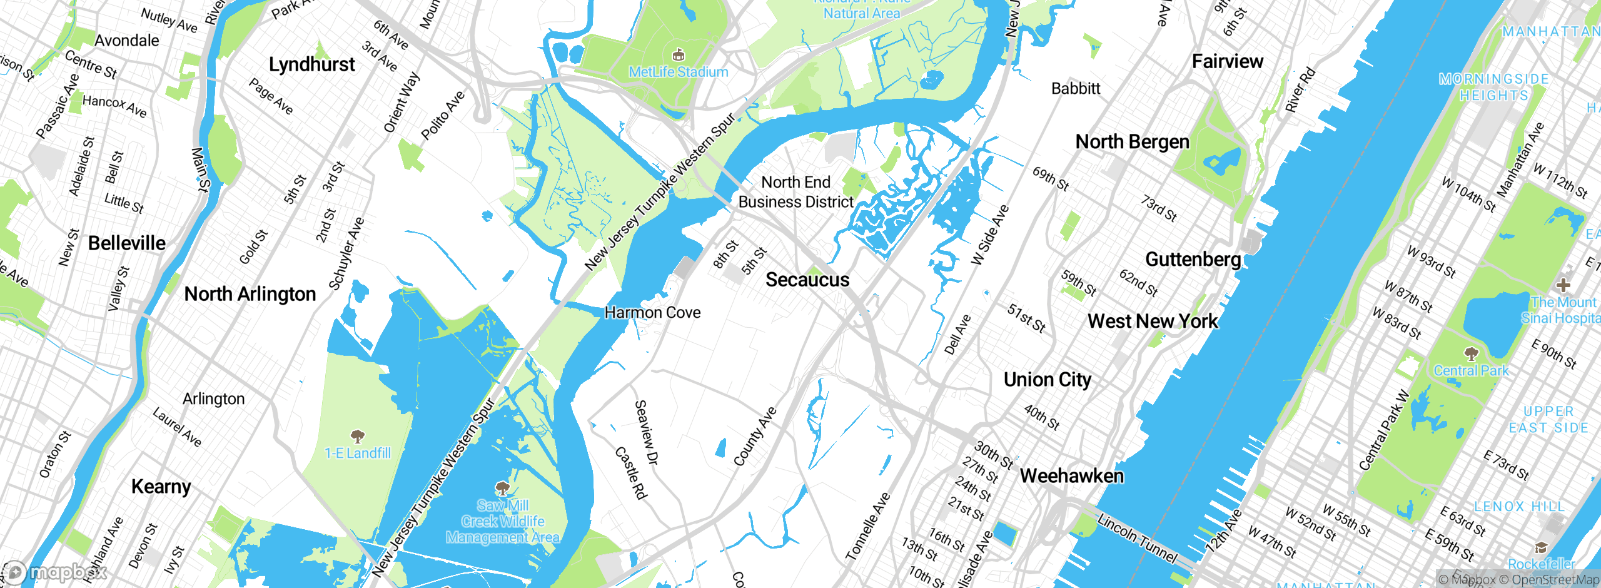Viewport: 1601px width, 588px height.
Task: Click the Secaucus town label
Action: [x=807, y=280]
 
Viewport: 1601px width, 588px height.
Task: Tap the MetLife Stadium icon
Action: [x=678, y=55]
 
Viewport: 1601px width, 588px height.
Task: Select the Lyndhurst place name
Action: [x=311, y=64]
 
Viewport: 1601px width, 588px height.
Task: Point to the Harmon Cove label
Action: [x=652, y=312]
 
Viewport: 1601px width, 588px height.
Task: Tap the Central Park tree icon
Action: [x=1471, y=354]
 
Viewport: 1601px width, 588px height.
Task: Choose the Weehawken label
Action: [x=1071, y=476]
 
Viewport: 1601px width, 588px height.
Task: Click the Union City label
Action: [x=1047, y=380]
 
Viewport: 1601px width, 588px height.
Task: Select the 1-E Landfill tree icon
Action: [x=357, y=436]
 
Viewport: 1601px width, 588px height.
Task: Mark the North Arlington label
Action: [x=250, y=294]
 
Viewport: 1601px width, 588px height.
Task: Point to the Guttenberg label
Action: [x=1193, y=259]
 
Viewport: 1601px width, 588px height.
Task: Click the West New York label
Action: [x=1152, y=322]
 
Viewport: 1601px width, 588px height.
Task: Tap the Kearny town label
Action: [x=161, y=487]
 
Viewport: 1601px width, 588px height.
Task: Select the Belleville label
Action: [x=127, y=243]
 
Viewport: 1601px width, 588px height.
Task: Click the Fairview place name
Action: [x=1227, y=61]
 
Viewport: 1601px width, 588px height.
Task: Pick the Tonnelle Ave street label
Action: [x=867, y=526]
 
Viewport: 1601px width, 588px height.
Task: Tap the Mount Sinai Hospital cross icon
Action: [x=1563, y=285]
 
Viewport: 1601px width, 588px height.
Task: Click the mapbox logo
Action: [x=55, y=572]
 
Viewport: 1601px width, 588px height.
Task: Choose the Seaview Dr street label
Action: [x=647, y=433]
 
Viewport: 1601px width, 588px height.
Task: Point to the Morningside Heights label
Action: [x=1493, y=88]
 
